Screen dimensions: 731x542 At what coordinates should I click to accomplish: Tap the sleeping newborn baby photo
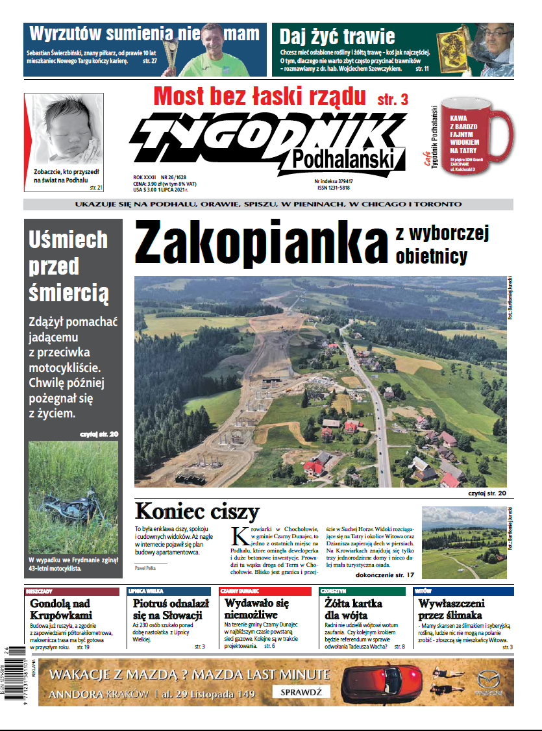click(63, 130)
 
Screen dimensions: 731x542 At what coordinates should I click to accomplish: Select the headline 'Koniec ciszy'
click(197, 512)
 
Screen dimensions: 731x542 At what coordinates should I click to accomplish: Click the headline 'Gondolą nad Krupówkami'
click(60, 609)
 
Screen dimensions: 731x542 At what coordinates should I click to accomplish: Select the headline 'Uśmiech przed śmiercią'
click(68, 266)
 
